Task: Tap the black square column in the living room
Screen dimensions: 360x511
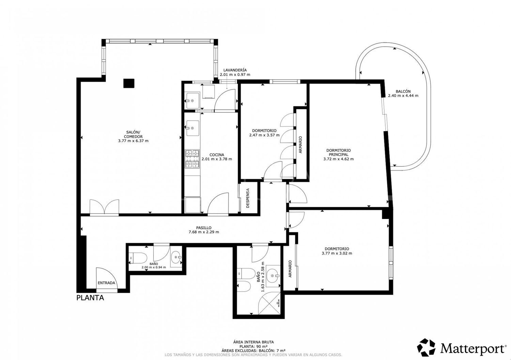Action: [128, 83]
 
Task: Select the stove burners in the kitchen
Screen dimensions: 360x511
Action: [192, 159]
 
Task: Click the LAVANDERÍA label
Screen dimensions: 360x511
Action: [235, 70]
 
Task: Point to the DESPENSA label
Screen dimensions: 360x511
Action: [248, 198]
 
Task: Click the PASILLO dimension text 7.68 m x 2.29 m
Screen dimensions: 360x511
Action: [204, 232]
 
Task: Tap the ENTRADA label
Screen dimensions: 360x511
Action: [107, 283]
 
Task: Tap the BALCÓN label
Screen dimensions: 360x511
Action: [403, 91]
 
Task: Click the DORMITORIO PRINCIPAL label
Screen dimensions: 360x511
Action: [338, 152]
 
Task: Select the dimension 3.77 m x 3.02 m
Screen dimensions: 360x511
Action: [337, 253]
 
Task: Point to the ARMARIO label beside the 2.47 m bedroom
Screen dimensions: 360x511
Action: [300, 145]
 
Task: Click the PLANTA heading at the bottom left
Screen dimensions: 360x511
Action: [90, 298]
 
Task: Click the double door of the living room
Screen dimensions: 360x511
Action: [104, 207]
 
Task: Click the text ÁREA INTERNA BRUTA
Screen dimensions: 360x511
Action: [253, 342]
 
